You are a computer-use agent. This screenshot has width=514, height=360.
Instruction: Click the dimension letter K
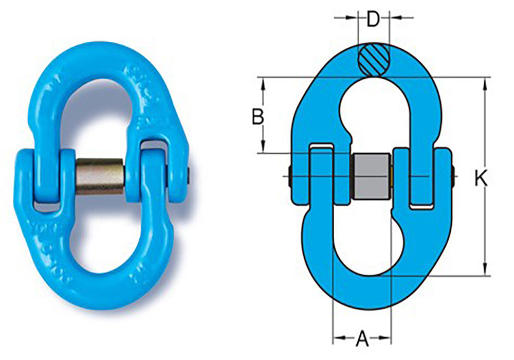481,178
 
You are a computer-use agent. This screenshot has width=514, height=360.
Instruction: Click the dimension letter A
362,338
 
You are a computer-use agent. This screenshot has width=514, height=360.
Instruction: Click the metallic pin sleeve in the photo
101,176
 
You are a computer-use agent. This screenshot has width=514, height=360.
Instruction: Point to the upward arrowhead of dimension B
264,83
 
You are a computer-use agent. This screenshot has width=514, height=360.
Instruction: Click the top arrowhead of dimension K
484,83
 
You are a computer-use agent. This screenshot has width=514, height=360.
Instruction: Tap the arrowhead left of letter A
339,338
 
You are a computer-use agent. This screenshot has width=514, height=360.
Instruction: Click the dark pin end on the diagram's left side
291,176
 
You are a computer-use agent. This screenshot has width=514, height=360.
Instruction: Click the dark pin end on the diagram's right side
453,176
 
